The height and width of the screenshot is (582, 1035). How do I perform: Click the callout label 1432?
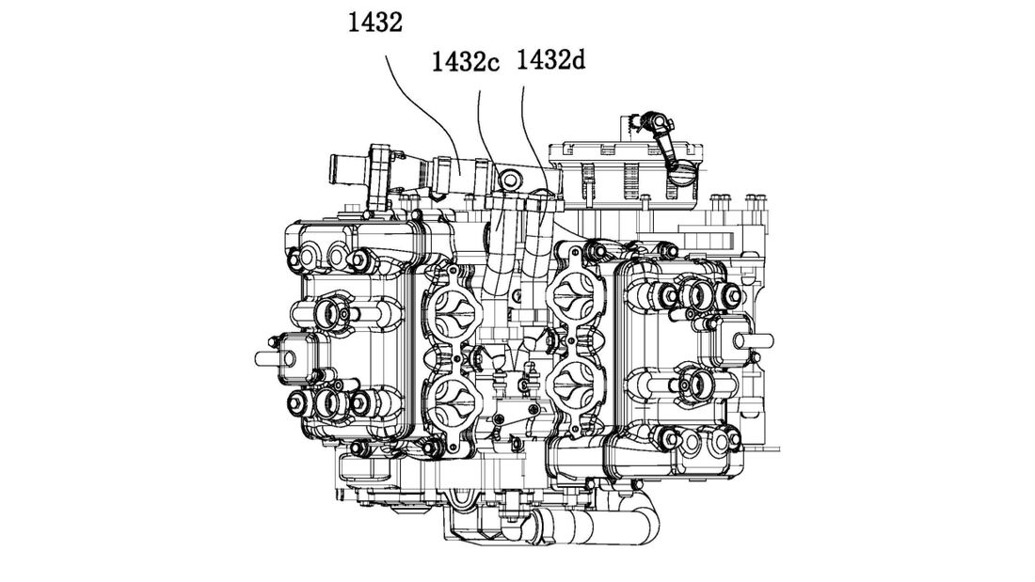[x=374, y=24]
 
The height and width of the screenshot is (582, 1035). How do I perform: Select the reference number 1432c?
[x=465, y=61]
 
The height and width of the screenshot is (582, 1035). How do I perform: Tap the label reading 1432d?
[x=549, y=60]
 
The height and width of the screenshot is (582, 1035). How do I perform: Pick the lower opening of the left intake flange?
[x=452, y=408]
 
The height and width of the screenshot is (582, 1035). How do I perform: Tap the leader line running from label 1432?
[x=422, y=109]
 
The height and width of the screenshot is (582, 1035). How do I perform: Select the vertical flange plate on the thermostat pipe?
[x=378, y=174]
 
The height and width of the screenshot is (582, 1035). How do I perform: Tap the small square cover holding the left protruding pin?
[x=296, y=358]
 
